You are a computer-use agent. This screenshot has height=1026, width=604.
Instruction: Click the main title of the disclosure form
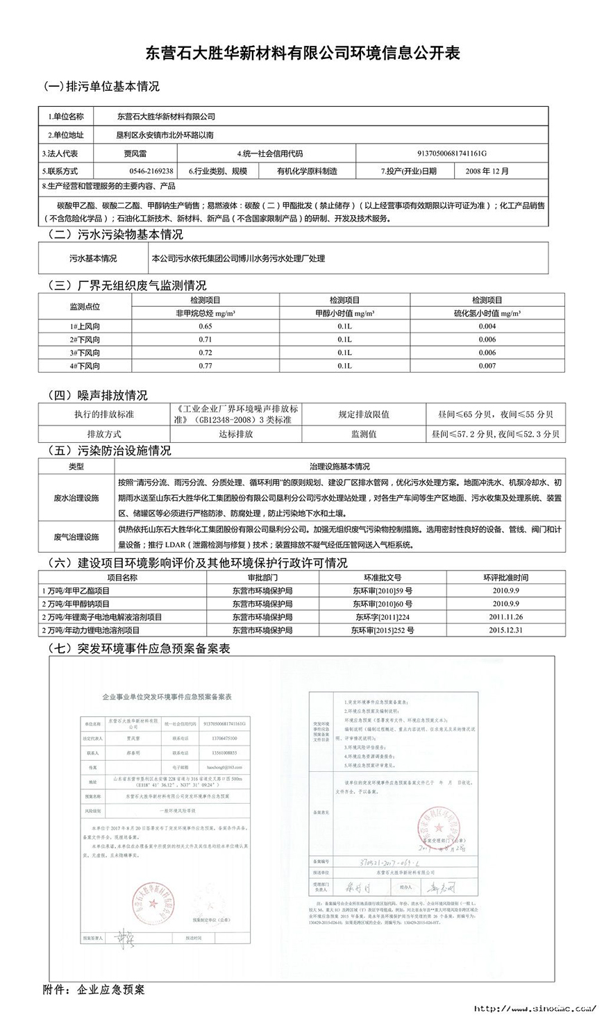(302, 53)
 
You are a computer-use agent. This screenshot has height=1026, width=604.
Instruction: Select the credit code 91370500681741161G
(452, 154)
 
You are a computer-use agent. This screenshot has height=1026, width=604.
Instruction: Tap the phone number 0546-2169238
(151, 171)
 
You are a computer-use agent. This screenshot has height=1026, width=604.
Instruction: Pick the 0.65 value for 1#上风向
(205, 326)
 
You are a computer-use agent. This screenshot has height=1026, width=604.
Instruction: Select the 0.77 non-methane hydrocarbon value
(205, 366)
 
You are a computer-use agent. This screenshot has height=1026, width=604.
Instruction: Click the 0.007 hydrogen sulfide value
(487, 366)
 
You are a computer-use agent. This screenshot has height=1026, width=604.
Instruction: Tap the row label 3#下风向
(84, 353)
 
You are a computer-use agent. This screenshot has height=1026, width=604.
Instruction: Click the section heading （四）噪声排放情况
(97, 396)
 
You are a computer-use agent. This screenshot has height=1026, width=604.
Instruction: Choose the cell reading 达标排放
(236, 434)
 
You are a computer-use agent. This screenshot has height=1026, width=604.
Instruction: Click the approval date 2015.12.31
(505, 630)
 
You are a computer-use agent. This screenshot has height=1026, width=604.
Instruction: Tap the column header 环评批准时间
(505, 578)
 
